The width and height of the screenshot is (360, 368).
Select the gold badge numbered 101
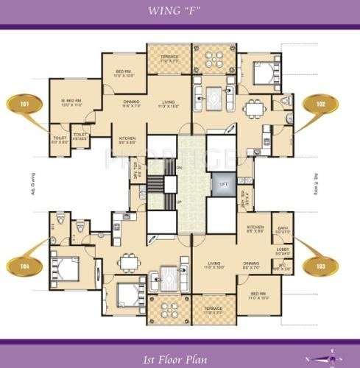[x=24, y=105]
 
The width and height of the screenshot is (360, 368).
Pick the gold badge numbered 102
[x=321, y=105]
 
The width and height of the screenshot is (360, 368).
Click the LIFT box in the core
[x=223, y=183]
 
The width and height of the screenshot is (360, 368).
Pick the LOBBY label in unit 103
[x=283, y=251]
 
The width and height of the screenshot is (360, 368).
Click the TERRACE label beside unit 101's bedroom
[x=168, y=57]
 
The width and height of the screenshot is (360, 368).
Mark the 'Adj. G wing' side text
[x=34, y=180]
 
